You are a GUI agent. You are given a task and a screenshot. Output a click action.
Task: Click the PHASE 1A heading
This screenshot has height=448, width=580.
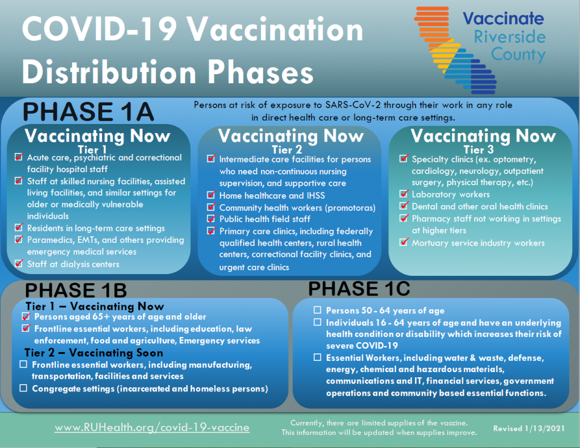coord(88,112)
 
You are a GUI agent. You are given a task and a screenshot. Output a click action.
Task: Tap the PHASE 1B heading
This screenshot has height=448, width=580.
coord(76,291)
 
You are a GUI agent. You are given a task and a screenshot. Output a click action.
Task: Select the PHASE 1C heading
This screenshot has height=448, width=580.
coord(359,288)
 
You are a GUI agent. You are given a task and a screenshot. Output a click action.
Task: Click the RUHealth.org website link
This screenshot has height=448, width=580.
coord(152,427)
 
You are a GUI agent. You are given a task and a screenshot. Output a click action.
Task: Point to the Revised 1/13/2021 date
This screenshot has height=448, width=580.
coord(529,428)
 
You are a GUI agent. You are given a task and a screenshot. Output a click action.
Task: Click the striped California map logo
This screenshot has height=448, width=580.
coord(455,50)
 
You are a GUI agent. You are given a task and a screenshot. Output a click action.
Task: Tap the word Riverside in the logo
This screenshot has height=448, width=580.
coord(510,37)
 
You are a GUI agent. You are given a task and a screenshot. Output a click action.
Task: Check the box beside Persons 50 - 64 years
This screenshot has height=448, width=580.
coord(317,310)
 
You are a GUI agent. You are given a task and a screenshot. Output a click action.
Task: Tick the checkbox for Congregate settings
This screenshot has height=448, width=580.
coord(23,388)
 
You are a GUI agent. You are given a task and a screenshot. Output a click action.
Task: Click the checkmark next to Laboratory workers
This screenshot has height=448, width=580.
coord(404,194)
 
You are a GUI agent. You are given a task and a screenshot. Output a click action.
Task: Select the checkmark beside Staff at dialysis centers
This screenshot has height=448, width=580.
coord(19,263)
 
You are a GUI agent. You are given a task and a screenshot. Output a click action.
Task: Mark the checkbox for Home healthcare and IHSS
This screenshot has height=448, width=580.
coord(211,195)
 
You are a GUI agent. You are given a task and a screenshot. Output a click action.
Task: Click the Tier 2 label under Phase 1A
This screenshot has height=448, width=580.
coord(287,150)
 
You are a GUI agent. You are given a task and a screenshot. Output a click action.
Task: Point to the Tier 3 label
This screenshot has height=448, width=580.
coord(479,150)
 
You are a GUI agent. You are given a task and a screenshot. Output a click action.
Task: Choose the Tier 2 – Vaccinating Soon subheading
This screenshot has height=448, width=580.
coord(94,352)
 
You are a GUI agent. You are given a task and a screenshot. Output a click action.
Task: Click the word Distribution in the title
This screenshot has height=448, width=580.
coord(109,72)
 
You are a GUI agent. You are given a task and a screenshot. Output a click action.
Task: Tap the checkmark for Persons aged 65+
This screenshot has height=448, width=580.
coord(26,317)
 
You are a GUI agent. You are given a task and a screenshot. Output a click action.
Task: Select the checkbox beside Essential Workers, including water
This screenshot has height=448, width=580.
coord(317,357)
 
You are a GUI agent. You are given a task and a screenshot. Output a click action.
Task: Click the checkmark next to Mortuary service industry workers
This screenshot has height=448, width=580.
coord(404,242)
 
